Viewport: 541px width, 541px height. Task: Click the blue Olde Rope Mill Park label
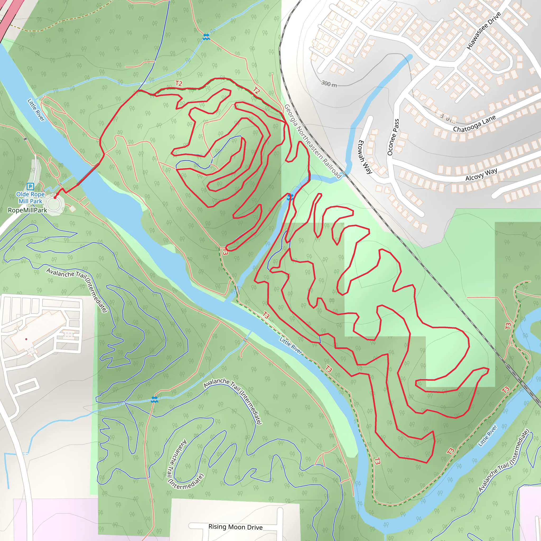pyautogui.click(x=30, y=198)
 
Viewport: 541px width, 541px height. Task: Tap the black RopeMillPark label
pyautogui.click(x=27, y=210)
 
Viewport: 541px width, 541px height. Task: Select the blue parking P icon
pyautogui.click(x=30, y=186)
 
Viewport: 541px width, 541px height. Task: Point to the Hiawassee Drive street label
pyautogui.click(x=484, y=31)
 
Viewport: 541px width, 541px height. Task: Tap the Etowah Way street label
pyautogui.click(x=365, y=157)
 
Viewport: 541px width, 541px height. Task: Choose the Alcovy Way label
pyautogui.click(x=481, y=174)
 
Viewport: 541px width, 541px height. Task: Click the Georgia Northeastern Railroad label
pyautogui.click(x=313, y=141)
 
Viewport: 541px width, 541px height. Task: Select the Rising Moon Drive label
pyautogui.click(x=235, y=527)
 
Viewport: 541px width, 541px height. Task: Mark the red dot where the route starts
pyautogui.click(x=55, y=198)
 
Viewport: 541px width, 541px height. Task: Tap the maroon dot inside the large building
pyautogui.click(x=26, y=339)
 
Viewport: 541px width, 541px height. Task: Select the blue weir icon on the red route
pyautogui.click(x=290, y=197)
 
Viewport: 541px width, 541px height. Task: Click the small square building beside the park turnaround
pyautogui.click(x=73, y=209)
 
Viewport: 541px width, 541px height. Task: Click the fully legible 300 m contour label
pyautogui.click(x=329, y=83)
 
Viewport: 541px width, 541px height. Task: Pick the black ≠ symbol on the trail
pyautogui.click(x=25, y=139)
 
